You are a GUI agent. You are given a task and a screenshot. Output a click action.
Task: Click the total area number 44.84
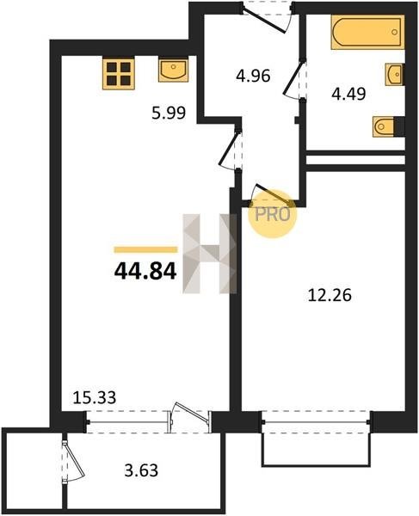[x=145, y=272]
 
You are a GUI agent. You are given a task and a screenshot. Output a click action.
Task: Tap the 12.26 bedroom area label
[x=330, y=295]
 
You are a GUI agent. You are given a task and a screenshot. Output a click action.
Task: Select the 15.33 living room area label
[x=94, y=397]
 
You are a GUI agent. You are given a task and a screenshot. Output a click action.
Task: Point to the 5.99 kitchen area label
[x=169, y=113]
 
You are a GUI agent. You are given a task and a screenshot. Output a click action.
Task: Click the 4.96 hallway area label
[x=253, y=76]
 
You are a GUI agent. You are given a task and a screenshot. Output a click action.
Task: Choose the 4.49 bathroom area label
[x=348, y=94]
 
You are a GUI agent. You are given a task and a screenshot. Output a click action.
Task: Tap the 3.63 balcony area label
[x=141, y=470]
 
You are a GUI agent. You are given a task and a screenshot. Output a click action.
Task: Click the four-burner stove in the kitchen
[x=119, y=74]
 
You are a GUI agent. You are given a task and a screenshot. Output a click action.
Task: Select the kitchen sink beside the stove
[x=173, y=71]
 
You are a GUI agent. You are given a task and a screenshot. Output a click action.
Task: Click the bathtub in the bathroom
[x=367, y=32]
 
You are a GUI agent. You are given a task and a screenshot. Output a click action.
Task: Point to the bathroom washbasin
[x=394, y=74]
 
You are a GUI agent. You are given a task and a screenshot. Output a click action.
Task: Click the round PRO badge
[x=273, y=214]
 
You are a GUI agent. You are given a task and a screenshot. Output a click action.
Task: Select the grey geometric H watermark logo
[x=210, y=254]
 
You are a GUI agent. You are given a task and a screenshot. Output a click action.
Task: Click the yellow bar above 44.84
[x=145, y=249]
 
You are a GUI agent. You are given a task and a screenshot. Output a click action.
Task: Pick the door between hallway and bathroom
[x=295, y=79]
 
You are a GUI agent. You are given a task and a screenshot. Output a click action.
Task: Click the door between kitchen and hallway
[x=231, y=150]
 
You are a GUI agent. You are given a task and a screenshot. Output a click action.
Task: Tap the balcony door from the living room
[x=189, y=418]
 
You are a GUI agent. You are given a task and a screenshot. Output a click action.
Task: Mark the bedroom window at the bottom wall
[x=317, y=422]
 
